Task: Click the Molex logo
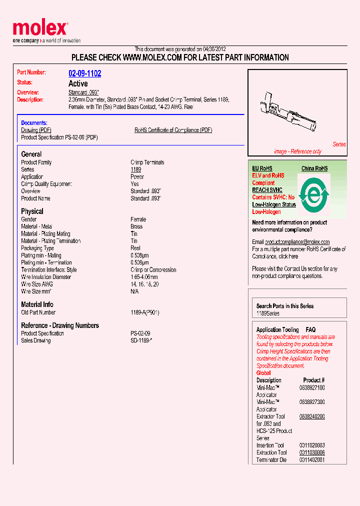pyautogui.click(x=40, y=29)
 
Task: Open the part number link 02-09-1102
pyautogui.click(x=84, y=73)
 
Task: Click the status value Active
pyautogui.click(x=78, y=83)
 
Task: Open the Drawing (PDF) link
pyautogui.click(x=36, y=130)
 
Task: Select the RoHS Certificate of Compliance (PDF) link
pyautogui.click(x=173, y=130)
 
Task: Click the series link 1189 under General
pyautogui.click(x=135, y=169)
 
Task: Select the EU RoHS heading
pyautogui.click(x=262, y=168)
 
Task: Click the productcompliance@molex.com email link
pyautogui.click(x=297, y=242)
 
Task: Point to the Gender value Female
pyautogui.click(x=138, y=219)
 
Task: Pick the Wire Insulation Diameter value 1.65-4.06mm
pyautogui.click(x=144, y=277)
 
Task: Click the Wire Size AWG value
pyautogui.click(x=144, y=284)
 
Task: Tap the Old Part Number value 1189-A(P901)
pyautogui.click(x=144, y=312)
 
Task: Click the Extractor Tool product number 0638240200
pyautogui.click(x=311, y=416)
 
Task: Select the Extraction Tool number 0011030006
pyautogui.click(x=311, y=452)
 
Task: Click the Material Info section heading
pyautogui.click(x=37, y=304)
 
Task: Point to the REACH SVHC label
pyautogui.click(x=267, y=190)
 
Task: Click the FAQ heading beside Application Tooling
pyautogui.click(x=310, y=330)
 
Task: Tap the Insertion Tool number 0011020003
pyautogui.click(x=311, y=445)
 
